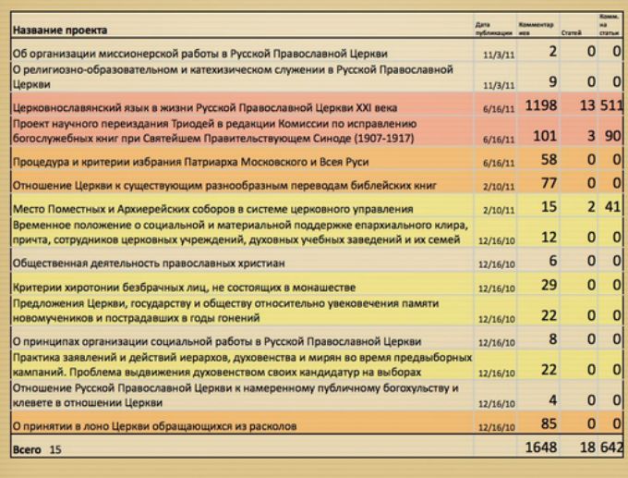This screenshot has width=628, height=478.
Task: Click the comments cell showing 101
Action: click(x=546, y=137)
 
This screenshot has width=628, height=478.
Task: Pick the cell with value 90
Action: click(x=612, y=137)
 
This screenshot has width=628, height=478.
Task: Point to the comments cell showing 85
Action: click(x=549, y=424)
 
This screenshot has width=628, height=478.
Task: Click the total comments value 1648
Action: click(x=539, y=448)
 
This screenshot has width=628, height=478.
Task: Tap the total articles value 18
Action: click(x=585, y=448)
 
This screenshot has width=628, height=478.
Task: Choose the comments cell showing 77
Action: click(x=549, y=183)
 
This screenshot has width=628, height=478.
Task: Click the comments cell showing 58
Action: click(x=549, y=160)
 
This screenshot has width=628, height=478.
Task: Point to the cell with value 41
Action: click(x=612, y=206)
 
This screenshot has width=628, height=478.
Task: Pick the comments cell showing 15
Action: click(x=549, y=206)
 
